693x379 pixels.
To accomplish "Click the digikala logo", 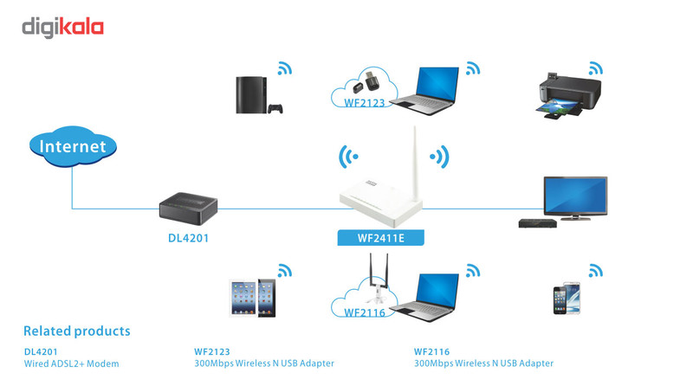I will pyautogui.click(x=62, y=28).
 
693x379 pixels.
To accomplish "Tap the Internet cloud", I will pyautogui.click(x=73, y=146).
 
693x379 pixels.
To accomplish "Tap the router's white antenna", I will pyautogui.click(x=414, y=160).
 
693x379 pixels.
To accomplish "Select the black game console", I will pyautogui.click(x=252, y=93).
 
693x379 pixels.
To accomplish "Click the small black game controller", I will pyautogui.click(x=276, y=109).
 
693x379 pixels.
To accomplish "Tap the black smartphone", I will pyautogui.click(x=559, y=300).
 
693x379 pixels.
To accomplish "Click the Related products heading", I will pyautogui.click(x=76, y=331).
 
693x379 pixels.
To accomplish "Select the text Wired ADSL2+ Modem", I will pyautogui.click(x=71, y=363).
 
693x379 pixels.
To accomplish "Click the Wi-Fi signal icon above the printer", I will pyautogui.click(x=595, y=68).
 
